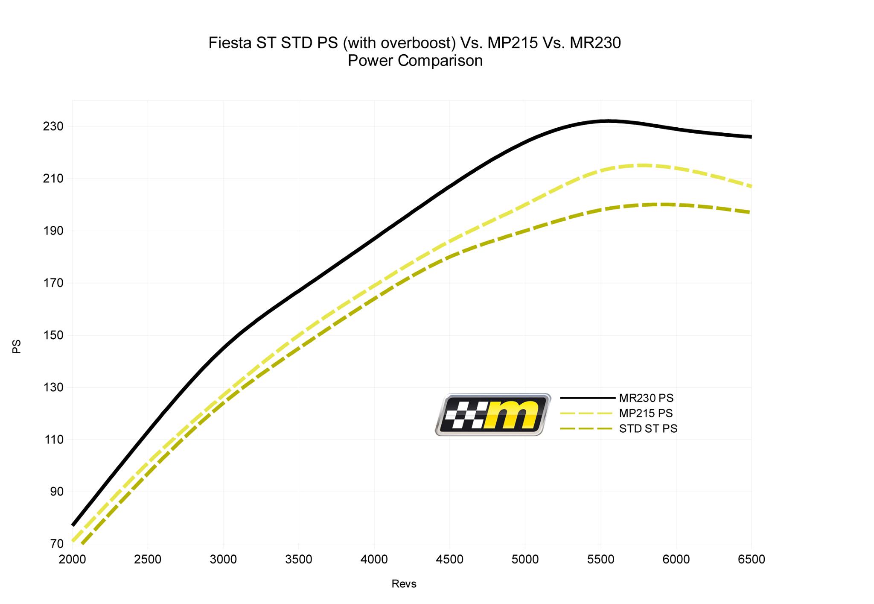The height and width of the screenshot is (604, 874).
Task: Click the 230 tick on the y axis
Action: (x=53, y=126)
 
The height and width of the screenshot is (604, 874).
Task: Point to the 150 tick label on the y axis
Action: (x=53, y=335)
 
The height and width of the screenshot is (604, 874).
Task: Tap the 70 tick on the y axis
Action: (x=57, y=544)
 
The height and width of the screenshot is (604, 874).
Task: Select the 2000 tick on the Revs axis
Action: (x=72, y=559)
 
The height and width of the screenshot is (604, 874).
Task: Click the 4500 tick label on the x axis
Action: (x=449, y=559)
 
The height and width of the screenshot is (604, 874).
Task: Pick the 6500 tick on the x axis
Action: (x=751, y=559)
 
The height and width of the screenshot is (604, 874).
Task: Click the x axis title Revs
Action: (x=404, y=584)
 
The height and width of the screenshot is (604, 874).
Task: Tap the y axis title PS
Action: (x=17, y=346)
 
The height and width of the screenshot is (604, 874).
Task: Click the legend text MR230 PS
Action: (x=646, y=398)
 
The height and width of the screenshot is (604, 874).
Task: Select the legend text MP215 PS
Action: (x=646, y=413)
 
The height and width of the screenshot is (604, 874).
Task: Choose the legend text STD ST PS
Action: (x=648, y=428)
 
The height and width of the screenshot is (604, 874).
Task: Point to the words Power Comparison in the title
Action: (x=415, y=61)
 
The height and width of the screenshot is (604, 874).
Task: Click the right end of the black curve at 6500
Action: (x=750, y=137)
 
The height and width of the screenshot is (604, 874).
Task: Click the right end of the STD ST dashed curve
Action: (x=750, y=212)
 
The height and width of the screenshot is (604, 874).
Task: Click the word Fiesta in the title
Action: (x=230, y=43)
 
